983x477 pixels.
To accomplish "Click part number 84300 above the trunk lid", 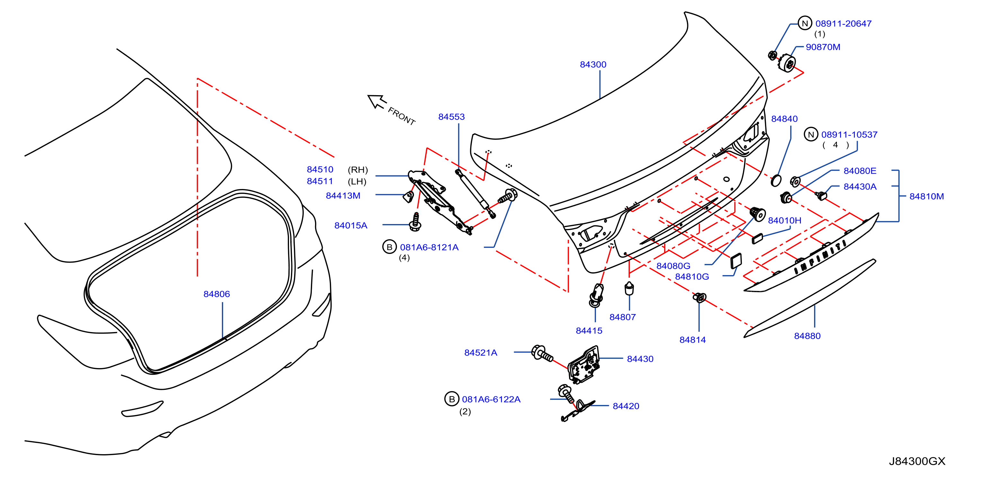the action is [x=593, y=65].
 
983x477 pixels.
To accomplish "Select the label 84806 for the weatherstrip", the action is [x=217, y=294].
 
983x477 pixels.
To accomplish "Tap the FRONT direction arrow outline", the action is [x=377, y=102].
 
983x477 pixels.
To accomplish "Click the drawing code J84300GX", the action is [x=917, y=461].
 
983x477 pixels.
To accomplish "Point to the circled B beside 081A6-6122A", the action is [x=452, y=399].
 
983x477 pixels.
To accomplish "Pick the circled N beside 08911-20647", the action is [x=805, y=23].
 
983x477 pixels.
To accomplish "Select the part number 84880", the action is [x=807, y=336].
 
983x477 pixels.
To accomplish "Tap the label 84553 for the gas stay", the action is [x=452, y=117].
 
